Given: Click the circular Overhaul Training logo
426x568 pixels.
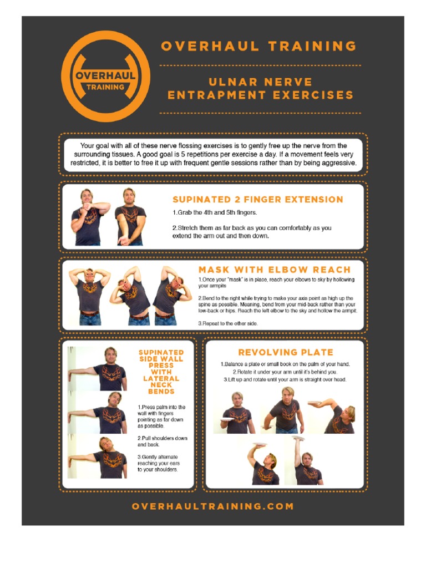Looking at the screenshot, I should pyautogui.click(x=105, y=77).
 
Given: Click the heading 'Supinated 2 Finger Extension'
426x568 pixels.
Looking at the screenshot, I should pyautogui.click(x=257, y=200).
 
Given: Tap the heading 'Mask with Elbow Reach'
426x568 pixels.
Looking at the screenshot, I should pyautogui.click(x=275, y=270).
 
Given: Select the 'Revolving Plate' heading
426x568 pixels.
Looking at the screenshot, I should pyautogui.click(x=286, y=352).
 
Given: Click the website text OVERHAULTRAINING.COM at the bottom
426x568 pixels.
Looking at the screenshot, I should pyautogui.click(x=213, y=506).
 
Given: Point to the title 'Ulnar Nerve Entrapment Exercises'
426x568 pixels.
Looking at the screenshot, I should pyautogui.click(x=260, y=89).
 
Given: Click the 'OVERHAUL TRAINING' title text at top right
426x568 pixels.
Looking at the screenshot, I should pyautogui.click(x=258, y=47).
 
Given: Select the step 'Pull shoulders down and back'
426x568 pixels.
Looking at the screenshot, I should pyautogui.click(x=163, y=442).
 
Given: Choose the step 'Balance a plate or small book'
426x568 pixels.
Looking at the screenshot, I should pyautogui.click(x=285, y=364).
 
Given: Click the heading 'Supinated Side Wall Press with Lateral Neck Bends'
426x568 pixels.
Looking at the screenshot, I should pyautogui.click(x=161, y=372).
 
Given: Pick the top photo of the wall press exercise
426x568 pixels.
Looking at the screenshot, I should pyautogui.click(x=98, y=369).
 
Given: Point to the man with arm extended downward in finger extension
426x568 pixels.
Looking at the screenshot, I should pyautogui.click(x=130, y=216).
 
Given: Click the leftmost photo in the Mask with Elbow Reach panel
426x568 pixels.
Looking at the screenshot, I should pyautogui.click(x=89, y=296).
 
